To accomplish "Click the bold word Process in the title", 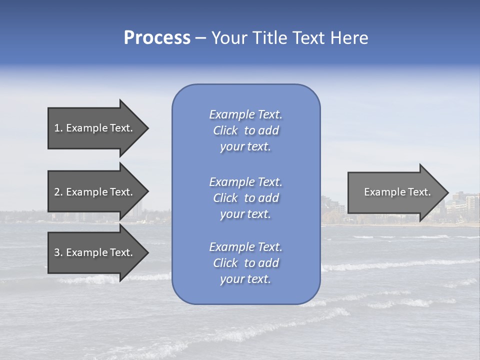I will (x=157, y=38).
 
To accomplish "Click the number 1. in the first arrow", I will (x=58, y=128).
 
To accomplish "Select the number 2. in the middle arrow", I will (x=58, y=192).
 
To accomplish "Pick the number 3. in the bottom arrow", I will (x=58, y=253).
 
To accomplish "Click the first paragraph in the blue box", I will (x=245, y=130).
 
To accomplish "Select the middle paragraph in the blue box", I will (x=245, y=198).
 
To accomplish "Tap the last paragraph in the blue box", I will (x=245, y=263).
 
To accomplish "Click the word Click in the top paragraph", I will (x=225, y=130).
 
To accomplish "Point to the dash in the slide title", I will (x=201, y=38).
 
